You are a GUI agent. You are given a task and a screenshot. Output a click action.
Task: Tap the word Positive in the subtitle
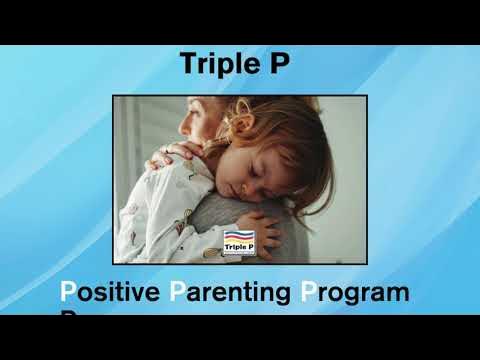[x=111, y=293]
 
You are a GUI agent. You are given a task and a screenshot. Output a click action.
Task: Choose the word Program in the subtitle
[x=355, y=294]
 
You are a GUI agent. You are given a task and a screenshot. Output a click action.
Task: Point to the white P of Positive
[x=68, y=293]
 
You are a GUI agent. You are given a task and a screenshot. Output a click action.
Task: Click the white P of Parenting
[x=177, y=293]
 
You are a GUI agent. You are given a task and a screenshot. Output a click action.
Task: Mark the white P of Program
[x=308, y=293]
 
